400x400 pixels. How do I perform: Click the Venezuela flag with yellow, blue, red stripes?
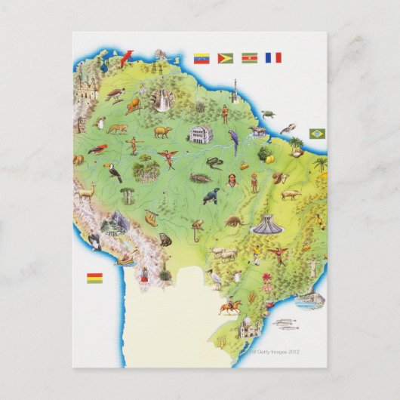(202, 58)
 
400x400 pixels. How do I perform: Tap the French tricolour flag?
(272, 57)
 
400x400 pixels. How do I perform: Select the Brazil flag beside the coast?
(317, 134)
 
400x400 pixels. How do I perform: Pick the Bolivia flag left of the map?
(94, 278)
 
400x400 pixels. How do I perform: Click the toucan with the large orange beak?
(114, 174)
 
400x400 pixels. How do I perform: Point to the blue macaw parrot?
(233, 141)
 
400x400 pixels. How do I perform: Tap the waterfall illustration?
(162, 101)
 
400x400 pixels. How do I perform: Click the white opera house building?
(200, 135)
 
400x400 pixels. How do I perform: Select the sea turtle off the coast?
(269, 115)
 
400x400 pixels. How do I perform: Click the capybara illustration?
(163, 132)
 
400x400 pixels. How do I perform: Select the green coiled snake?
(214, 162)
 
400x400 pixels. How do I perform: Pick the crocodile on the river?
(200, 178)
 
